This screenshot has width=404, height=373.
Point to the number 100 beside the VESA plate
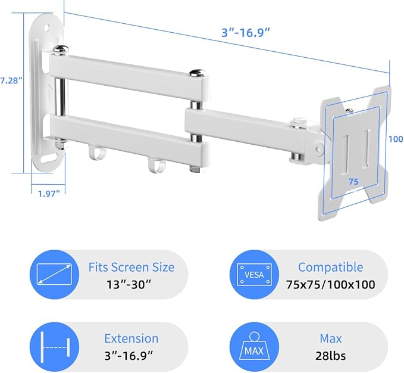[395, 138]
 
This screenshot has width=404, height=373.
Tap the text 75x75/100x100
[330, 284]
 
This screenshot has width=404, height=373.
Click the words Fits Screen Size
[131, 267]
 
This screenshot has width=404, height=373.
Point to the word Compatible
[330, 267]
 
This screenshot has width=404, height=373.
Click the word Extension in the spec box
[131, 338]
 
